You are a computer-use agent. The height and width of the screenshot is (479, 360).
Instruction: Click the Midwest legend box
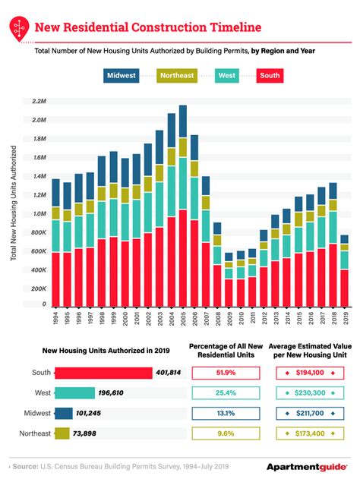click(121, 75)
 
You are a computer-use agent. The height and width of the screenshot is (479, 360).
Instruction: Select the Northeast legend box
click(177, 75)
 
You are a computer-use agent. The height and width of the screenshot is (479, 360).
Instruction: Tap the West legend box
click(227, 75)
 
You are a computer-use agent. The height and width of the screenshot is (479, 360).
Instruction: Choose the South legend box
click(270, 75)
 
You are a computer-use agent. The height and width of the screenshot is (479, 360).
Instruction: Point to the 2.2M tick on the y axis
click(39, 101)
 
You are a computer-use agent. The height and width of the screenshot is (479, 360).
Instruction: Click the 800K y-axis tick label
click(39, 232)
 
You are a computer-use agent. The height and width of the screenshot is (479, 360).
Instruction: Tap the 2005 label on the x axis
click(183, 319)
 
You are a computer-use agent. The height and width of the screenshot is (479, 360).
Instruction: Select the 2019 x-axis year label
click(346, 317)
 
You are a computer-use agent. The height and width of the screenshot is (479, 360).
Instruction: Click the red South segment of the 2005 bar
click(183, 258)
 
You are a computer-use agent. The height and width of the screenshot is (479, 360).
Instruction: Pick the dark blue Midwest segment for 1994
click(56, 193)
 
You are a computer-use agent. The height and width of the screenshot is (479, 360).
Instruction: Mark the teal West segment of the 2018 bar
click(333, 228)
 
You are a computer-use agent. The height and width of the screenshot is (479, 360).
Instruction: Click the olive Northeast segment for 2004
click(172, 157)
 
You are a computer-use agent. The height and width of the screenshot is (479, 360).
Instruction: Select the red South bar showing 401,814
click(103, 373)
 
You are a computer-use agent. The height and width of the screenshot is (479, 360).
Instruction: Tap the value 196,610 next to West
click(111, 393)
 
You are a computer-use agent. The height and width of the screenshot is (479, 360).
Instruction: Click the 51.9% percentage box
click(226, 373)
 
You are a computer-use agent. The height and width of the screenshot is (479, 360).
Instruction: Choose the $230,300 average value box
click(310, 393)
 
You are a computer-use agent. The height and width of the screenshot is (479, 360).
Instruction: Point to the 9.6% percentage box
click(226, 433)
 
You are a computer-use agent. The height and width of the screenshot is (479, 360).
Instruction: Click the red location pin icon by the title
click(19, 28)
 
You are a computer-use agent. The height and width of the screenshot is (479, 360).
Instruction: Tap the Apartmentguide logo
click(307, 467)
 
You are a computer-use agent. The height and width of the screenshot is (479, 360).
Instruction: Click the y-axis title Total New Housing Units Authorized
click(13, 203)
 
